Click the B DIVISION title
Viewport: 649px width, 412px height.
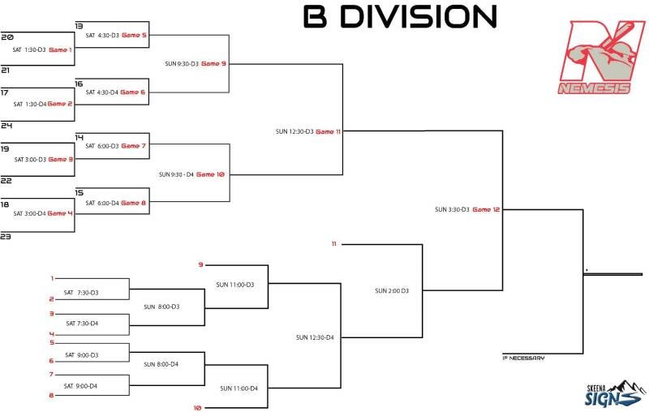[400, 16]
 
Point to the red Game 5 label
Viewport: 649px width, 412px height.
[134, 35]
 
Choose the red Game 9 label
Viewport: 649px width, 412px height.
[213, 63]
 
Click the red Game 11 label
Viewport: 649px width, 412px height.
[328, 131]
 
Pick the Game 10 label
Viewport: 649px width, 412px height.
[210, 174]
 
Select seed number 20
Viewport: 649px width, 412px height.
[7, 37]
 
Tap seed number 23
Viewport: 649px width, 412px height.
[6, 236]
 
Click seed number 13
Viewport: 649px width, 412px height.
[79, 26]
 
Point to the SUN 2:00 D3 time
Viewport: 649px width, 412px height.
[392, 290]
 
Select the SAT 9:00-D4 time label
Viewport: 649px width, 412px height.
[82, 385]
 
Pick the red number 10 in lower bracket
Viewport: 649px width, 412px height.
[197, 407]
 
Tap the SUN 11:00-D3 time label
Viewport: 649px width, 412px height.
[235, 285]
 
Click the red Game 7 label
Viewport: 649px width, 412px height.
[134, 146]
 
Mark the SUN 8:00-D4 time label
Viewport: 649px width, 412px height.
[161, 364]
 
